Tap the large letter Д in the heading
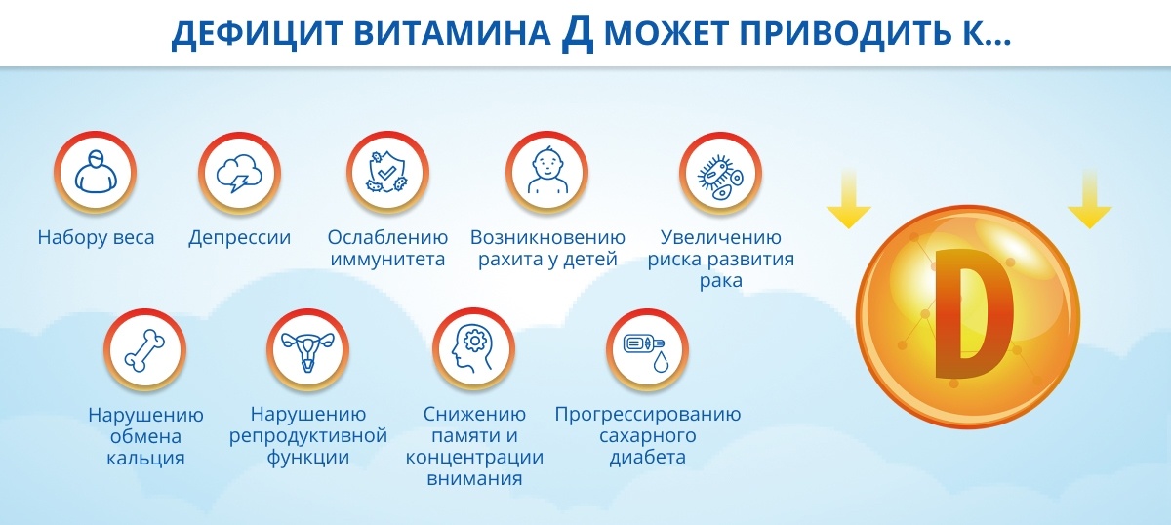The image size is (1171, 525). [x=578, y=33]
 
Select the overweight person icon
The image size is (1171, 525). [x=96, y=172]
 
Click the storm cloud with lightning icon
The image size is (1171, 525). [x=239, y=173]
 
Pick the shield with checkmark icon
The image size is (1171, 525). [x=387, y=172]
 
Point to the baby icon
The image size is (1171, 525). [x=546, y=171]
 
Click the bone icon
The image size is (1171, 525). [x=144, y=349]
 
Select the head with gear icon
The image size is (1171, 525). [x=473, y=348]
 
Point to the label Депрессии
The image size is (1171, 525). [x=239, y=238]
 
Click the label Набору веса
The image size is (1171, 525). [x=96, y=238]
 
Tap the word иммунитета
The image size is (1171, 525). [x=387, y=260]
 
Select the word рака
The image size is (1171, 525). [x=721, y=281]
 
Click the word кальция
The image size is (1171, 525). [x=145, y=458]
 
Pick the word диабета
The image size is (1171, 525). [x=648, y=457]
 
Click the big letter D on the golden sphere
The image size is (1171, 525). [x=974, y=313]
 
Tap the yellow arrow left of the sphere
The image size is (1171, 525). [x=848, y=199]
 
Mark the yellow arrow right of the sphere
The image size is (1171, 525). [x=1089, y=199]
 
